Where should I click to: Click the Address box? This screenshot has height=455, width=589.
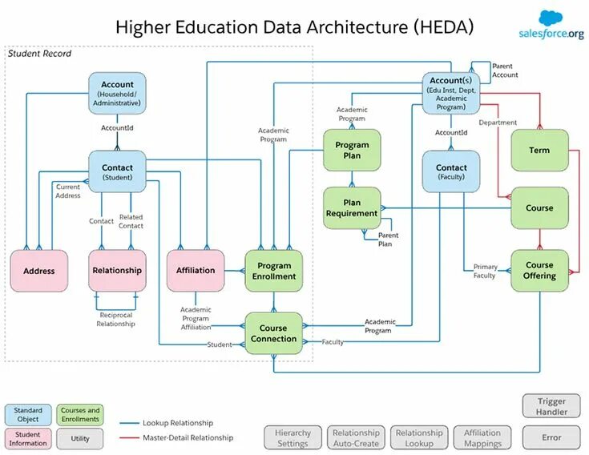point(39,271)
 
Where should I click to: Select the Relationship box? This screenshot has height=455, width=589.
point(117,271)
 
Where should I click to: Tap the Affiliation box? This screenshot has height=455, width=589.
point(196,271)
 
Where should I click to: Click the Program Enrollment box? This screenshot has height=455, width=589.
point(273,271)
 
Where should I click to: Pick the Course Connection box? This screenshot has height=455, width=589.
point(273,333)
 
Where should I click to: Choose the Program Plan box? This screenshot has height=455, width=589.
point(352,150)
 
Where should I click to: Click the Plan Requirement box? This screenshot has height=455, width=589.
point(352,208)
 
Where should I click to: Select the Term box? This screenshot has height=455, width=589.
point(539,150)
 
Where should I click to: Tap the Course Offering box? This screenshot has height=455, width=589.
point(539,271)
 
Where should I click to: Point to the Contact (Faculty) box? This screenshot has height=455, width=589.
point(451,171)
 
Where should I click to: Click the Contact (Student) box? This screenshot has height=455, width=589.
point(117,171)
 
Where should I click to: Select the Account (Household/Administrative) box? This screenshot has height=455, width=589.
point(117,93)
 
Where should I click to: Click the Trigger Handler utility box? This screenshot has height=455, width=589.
point(551,406)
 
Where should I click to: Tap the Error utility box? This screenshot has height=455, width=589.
point(551,437)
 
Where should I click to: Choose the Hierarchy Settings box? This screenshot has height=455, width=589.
point(292,437)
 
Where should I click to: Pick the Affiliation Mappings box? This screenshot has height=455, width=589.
point(482,437)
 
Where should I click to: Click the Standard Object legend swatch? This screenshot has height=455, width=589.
point(28,415)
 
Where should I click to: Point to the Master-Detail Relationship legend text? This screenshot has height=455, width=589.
point(188,437)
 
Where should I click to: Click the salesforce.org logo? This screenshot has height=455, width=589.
point(551,26)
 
